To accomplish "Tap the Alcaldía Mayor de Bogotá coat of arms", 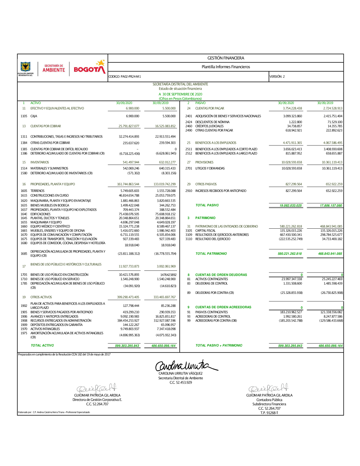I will pos(25,67).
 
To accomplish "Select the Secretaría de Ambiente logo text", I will pos(54,68).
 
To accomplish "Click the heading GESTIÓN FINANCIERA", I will pos(226,58).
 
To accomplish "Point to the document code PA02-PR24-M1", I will pos(125,77).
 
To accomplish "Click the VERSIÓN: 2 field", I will pos(277,77).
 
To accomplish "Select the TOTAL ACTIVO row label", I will pos(42,346).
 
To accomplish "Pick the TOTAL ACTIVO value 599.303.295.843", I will pos(127,346).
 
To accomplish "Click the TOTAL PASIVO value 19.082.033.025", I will pos(291,206).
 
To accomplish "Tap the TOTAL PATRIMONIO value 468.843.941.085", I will pos(330,254).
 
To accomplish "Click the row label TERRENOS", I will pos(37,191).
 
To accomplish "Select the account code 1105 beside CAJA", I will pos(24,116).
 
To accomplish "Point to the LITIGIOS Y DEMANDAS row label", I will pos(210,169).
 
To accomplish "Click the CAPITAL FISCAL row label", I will pos(206,231).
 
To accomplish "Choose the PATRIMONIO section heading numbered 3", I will pos(205,218).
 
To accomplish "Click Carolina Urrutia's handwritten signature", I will pos(185,365).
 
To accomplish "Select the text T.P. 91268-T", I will pos(269,413).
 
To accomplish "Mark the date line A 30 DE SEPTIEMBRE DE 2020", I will pos(180,94).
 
